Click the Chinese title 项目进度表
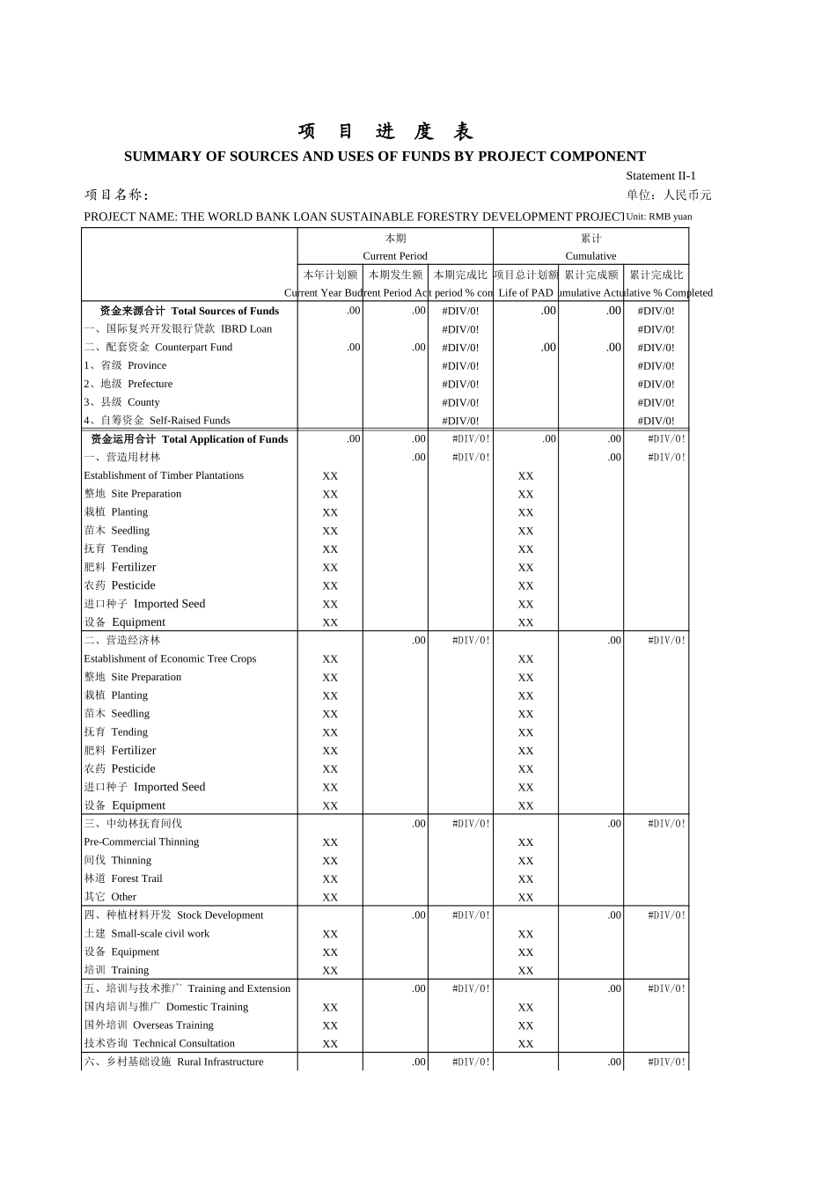(385, 132)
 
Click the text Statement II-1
(660, 176)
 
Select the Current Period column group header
(395, 256)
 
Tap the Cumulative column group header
(590, 256)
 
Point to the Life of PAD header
(525, 293)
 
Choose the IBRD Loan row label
(179, 329)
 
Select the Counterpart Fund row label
(158, 348)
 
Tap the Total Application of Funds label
(189, 439)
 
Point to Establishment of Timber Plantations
(164, 475)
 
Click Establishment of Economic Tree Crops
(170, 658)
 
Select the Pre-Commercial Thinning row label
(142, 841)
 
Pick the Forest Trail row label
(123, 878)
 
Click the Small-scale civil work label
(147, 934)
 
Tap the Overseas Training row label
(149, 1025)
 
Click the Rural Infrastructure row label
(173, 1062)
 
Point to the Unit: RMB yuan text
(658, 217)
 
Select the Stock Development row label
(173, 915)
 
